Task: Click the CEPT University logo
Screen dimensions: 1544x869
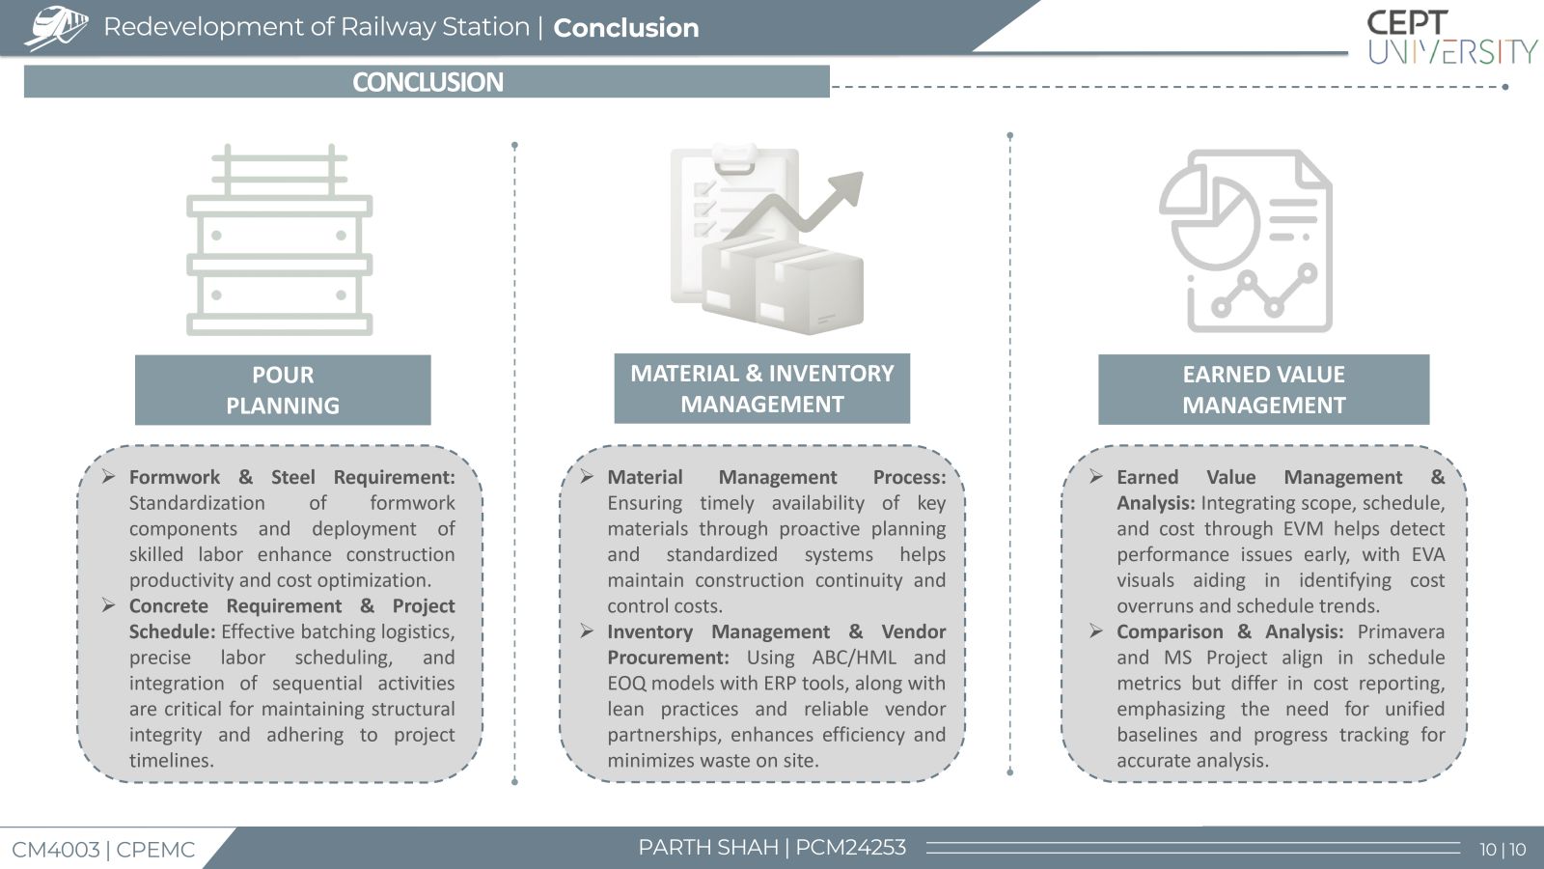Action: point(1451,38)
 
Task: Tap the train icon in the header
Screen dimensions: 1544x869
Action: point(56,28)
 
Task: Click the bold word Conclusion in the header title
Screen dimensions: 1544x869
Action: point(626,28)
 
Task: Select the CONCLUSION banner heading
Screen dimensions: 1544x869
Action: point(427,82)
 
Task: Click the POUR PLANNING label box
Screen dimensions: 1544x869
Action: point(283,390)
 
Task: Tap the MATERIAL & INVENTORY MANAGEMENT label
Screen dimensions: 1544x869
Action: point(761,388)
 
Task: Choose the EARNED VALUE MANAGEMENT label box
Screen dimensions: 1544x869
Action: point(1263,390)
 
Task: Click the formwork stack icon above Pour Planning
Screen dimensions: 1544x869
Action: point(279,239)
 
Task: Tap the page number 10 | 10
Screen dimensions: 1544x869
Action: point(1503,849)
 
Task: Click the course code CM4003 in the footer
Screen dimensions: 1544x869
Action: point(56,850)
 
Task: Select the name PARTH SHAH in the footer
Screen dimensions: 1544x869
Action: point(708,847)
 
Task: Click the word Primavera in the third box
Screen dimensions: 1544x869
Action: point(1400,631)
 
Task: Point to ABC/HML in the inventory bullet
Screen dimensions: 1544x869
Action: point(854,658)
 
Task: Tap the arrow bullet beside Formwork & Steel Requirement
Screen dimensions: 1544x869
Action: point(108,477)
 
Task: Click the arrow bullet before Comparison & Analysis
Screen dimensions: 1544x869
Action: point(1096,631)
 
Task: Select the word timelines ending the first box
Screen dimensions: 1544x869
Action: point(172,761)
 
